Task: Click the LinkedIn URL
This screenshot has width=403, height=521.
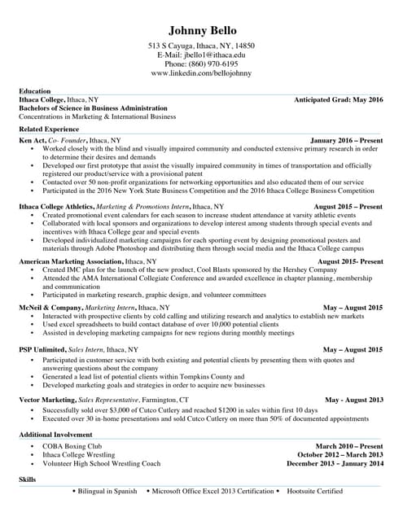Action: (200, 73)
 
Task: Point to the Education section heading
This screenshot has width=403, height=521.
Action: (35, 90)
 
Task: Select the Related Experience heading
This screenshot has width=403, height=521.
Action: (49, 129)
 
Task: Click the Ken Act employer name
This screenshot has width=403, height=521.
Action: (33, 141)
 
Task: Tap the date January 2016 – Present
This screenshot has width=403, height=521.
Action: (346, 141)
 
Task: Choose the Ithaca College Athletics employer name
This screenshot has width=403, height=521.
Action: (56, 207)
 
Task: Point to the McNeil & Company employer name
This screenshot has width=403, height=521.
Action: (50, 308)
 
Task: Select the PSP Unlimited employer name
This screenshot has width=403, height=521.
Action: (42, 349)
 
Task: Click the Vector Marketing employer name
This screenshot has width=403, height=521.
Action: (47, 401)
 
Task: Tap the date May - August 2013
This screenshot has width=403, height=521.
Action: (353, 401)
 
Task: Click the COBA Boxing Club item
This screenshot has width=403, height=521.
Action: (72, 447)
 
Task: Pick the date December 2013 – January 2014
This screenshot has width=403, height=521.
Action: (335, 463)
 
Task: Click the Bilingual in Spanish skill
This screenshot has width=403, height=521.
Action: (107, 492)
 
